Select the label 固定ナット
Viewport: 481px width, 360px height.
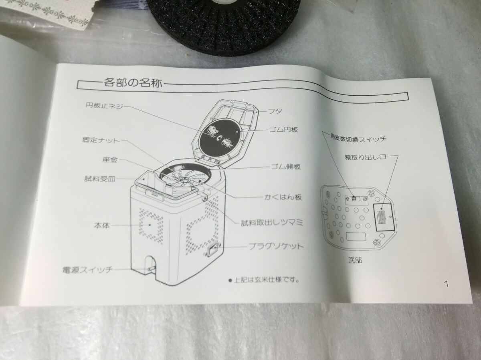[100, 141]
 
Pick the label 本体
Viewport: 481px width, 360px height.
[104, 225]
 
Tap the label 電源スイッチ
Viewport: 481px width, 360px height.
[88, 269]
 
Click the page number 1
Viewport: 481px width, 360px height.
[446, 284]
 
